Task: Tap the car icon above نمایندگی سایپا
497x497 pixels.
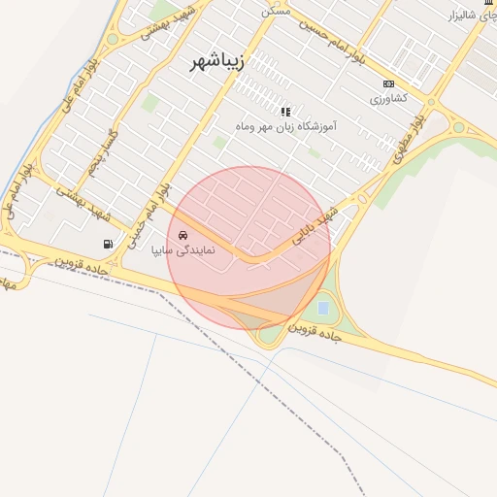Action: point(183,235)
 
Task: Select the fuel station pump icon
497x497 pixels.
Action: point(107,244)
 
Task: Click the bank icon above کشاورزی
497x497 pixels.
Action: point(389,84)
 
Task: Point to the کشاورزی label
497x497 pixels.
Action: point(389,99)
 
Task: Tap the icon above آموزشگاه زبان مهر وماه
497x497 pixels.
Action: point(285,111)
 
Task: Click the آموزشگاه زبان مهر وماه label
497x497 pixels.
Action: point(285,126)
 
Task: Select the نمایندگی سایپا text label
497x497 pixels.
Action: point(183,250)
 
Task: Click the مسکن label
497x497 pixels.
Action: point(276,10)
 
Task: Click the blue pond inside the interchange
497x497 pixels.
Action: point(322,308)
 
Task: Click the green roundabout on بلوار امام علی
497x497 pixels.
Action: point(113,40)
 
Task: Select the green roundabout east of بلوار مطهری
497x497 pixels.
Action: point(458,126)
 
